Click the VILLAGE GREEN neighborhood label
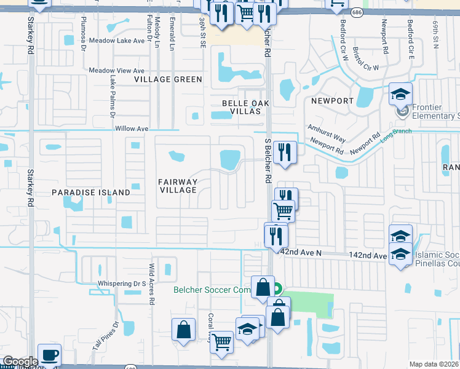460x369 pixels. [168, 79]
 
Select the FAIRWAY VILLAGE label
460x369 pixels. [178, 186]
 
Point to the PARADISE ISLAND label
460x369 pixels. [90, 192]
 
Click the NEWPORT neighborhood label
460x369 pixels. [332, 100]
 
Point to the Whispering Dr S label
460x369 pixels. [121, 284]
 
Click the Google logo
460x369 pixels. [20, 361]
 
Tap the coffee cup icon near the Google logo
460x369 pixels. [49, 355]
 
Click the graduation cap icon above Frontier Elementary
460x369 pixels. [400, 94]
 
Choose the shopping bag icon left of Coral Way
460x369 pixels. [183, 329]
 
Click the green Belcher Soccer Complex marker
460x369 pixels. [277, 287]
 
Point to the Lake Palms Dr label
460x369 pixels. [113, 96]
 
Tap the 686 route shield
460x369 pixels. [355, 12]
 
